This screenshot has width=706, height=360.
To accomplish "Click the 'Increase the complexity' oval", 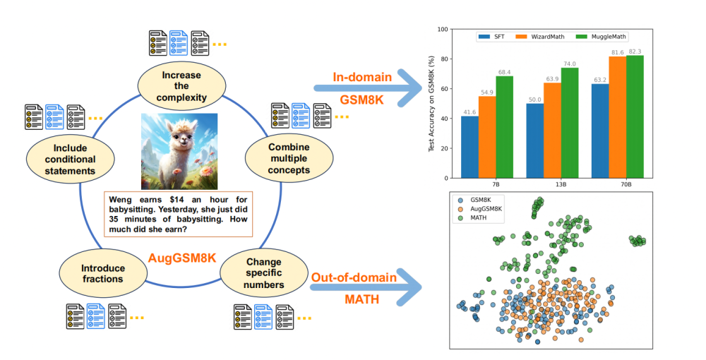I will point(181,86).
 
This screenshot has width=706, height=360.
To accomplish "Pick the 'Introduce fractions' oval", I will point(103,274).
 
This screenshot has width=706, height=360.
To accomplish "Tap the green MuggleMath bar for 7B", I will point(505,126).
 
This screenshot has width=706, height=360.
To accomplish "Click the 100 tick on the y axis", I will point(443,30).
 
